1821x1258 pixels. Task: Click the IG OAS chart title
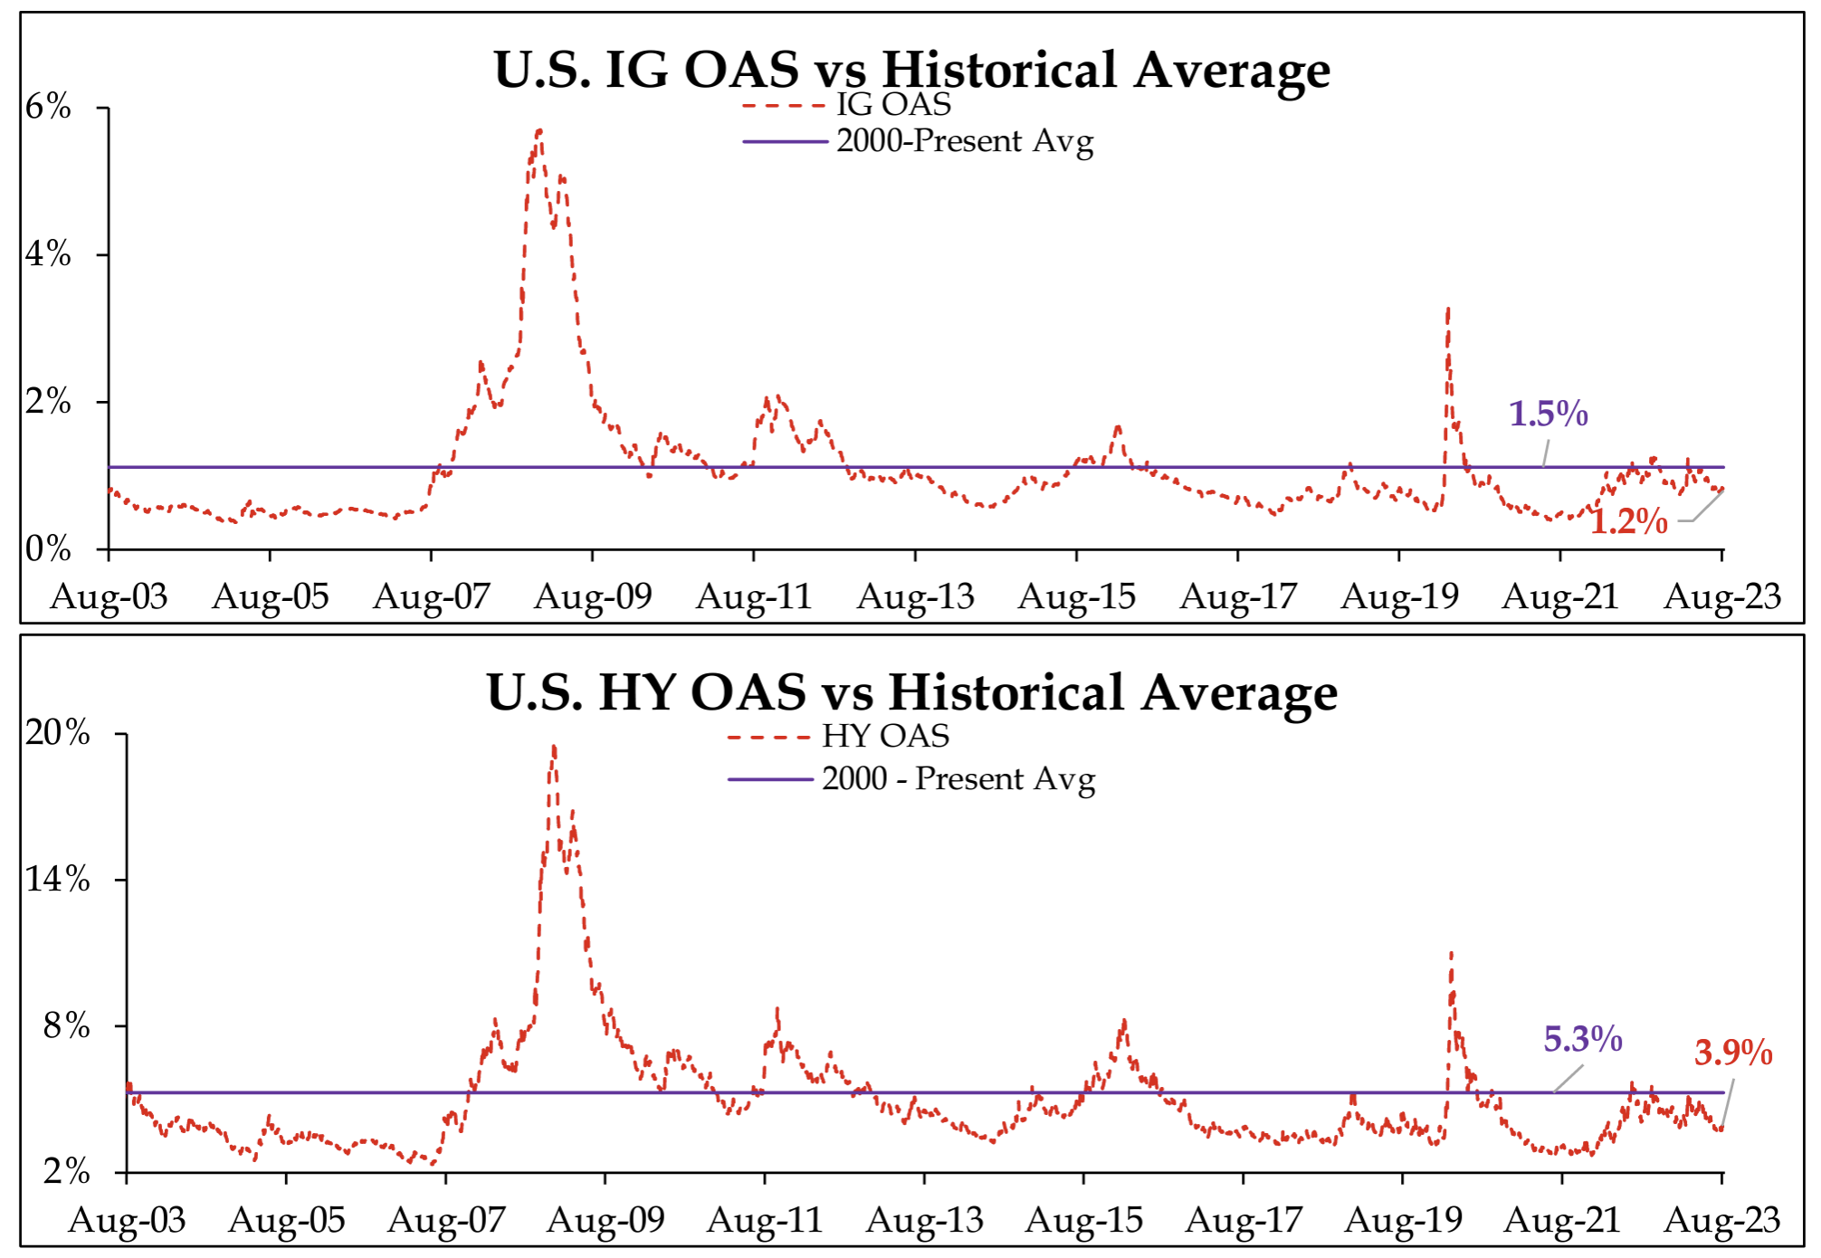tap(911, 70)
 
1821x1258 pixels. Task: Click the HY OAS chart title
tap(911, 692)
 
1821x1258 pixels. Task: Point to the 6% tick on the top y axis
tap(48, 107)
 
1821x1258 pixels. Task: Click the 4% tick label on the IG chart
tap(48, 253)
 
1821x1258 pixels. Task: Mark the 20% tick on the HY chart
tap(57, 732)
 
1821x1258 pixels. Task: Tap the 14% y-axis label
tap(57, 879)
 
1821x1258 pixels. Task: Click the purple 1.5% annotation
tap(1548, 414)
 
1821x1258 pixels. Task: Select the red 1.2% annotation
tap(1628, 521)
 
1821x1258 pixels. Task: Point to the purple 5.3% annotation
tap(1582, 1039)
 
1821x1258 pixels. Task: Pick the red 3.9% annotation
tap(1732, 1053)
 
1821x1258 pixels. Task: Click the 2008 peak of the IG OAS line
tap(539, 131)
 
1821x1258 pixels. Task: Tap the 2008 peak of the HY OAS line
tap(553, 748)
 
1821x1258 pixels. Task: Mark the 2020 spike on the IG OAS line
tap(1448, 310)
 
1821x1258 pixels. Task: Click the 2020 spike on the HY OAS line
tap(1451, 953)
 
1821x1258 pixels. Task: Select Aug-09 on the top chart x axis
tap(593, 596)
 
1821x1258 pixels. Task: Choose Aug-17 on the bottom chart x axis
tap(1243, 1220)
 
